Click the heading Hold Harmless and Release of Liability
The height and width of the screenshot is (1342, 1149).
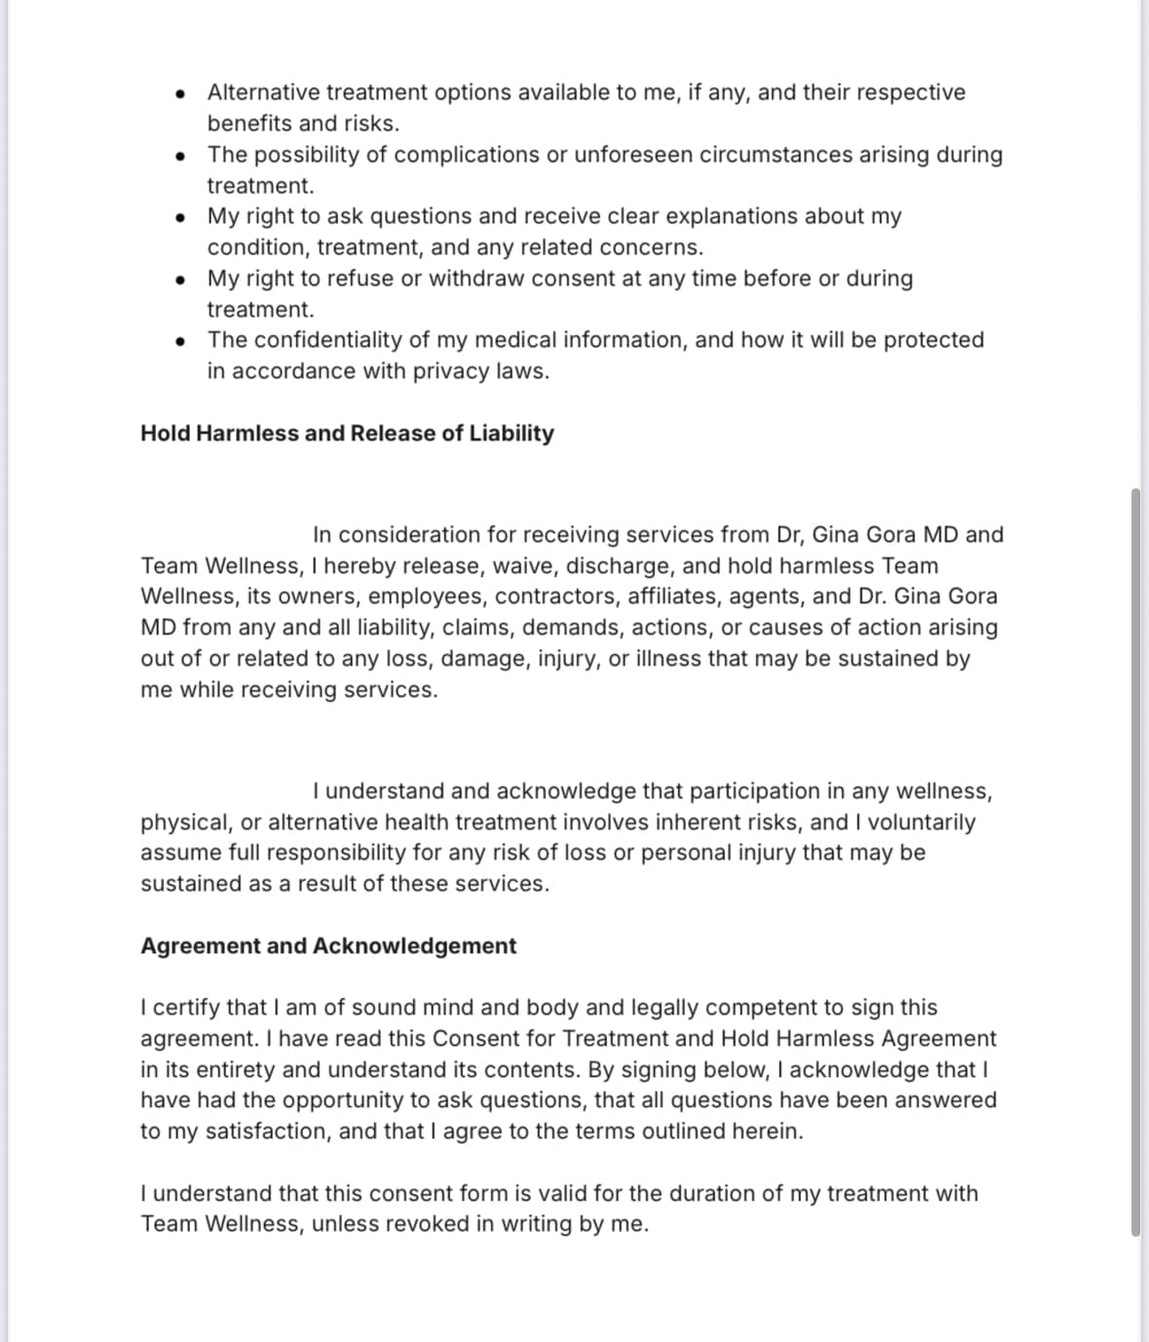coord(347,434)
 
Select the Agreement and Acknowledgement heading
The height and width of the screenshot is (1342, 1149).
coord(328,946)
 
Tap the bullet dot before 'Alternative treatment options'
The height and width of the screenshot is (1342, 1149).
coord(180,95)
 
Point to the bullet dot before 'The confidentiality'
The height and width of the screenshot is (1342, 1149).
coord(180,342)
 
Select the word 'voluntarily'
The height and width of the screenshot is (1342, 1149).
coord(921,823)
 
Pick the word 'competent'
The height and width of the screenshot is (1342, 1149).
coord(761,1008)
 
